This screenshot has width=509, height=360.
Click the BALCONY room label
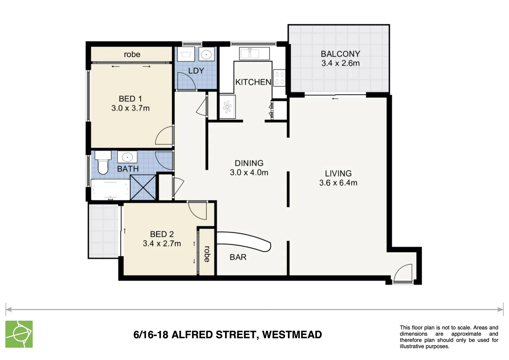(x=340, y=54)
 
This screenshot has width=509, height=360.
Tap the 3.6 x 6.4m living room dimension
(x=338, y=183)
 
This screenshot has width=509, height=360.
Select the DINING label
(x=249, y=163)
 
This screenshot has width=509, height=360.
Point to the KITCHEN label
(x=253, y=82)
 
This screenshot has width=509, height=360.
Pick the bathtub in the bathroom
(x=110, y=190)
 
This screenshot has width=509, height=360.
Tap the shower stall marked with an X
(x=143, y=187)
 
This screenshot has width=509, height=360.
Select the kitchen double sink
(x=254, y=54)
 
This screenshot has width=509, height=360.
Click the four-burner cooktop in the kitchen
(x=279, y=78)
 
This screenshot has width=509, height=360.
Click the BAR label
(x=238, y=257)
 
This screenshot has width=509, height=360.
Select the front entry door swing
(x=402, y=273)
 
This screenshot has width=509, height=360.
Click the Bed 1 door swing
(x=164, y=136)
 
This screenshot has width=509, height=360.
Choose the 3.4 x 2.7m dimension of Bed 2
(x=162, y=244)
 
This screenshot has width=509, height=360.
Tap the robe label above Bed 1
(x=132, y=54)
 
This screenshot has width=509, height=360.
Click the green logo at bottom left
(x=19, y=334)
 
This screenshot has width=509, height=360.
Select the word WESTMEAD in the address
(x=292, y=335)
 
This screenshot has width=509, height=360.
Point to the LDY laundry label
(x=196, y=71)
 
